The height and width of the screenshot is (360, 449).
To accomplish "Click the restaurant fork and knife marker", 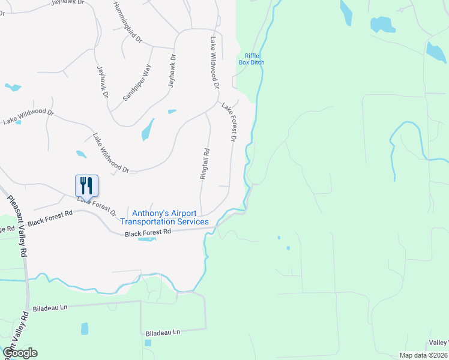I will [86, 185].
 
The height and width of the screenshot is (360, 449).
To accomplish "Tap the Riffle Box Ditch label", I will [251, 59].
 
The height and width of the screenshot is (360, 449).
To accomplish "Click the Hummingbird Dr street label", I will [127, 21].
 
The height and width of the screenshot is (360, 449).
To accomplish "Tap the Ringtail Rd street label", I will [205, 164].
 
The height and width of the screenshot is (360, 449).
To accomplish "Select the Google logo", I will [19, 353].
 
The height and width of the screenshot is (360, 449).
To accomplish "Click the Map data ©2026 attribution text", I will [423, 355].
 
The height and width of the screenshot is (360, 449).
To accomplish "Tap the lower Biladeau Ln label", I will [163, 332].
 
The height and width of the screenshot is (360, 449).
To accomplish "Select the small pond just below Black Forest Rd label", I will [146, 239].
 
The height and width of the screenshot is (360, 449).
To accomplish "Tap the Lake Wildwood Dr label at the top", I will [213, 63].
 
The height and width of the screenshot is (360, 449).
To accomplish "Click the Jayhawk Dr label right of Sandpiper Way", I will [173, 72].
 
